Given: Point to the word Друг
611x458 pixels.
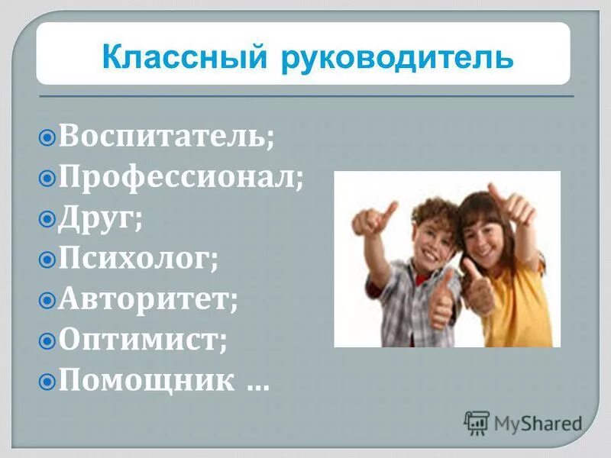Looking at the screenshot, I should click(x=101, y=219).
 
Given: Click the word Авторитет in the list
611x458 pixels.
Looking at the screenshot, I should click(x=148, y=299).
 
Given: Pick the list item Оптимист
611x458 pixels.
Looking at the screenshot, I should click(x=143, y=339).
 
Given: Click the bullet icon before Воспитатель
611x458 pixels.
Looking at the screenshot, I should click(x=47, y=139).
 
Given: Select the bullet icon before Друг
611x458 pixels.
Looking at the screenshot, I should click(x=47, y=220).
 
